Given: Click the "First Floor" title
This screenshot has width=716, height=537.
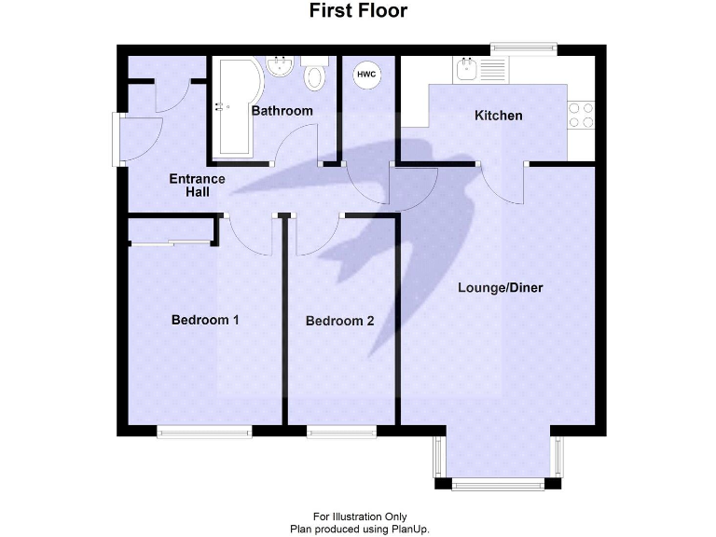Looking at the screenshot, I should tap(358, 11).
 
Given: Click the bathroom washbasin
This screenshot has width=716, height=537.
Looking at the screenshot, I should tap(279, 66).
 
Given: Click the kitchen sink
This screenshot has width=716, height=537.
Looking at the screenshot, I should tap(467, 67).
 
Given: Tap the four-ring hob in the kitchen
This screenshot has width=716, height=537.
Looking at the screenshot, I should tap(581, 114).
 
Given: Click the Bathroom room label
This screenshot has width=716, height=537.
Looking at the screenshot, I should tap(282, 111).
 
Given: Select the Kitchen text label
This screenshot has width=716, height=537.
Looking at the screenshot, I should tap(499, 116).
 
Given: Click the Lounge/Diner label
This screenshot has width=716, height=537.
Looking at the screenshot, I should tap(500, 287).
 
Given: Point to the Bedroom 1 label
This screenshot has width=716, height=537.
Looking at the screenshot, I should tap(205, 320).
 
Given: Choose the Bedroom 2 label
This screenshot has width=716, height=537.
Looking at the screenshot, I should tap(339, 321).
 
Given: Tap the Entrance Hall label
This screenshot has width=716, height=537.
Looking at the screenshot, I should tap(196, 186).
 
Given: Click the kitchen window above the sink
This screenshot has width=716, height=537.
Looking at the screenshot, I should tap(524, 46).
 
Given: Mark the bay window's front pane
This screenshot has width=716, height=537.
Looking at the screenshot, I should tap(498, 484).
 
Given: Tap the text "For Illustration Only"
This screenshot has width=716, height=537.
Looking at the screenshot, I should tap(358, 516).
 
